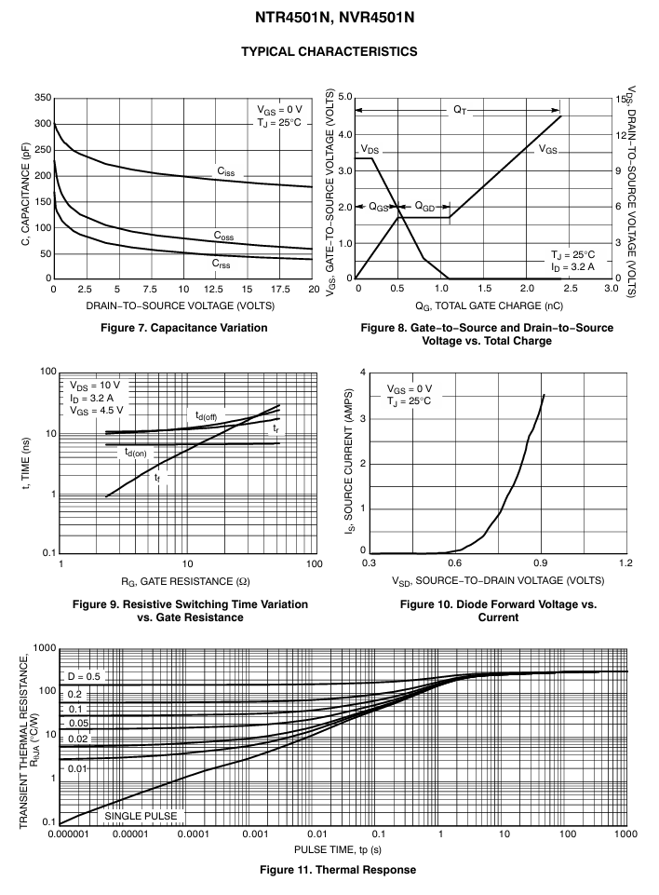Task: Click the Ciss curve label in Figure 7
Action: [226, 171]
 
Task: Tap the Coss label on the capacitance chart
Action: [223, 236]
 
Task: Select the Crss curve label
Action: [221, 264]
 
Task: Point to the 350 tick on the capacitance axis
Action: [43, 98]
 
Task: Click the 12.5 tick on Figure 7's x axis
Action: [213, 290]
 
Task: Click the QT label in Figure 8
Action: [460, 110]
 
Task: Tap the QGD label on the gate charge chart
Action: [424, 206]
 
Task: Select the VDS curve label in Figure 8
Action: [370, 150]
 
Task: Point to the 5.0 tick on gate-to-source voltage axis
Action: [345, 97]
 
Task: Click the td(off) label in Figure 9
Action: [206, 415]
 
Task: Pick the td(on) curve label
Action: [136, 453]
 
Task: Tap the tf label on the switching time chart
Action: [157, 477]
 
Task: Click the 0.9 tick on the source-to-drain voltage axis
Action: [540, 563]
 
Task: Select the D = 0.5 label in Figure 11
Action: [84, 676]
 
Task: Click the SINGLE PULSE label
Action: [141, 816]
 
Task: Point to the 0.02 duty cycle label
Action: [78, 739]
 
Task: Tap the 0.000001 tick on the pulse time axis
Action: [69, 834]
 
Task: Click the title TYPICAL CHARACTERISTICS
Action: [329, 51]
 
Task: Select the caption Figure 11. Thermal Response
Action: [338, 870]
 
